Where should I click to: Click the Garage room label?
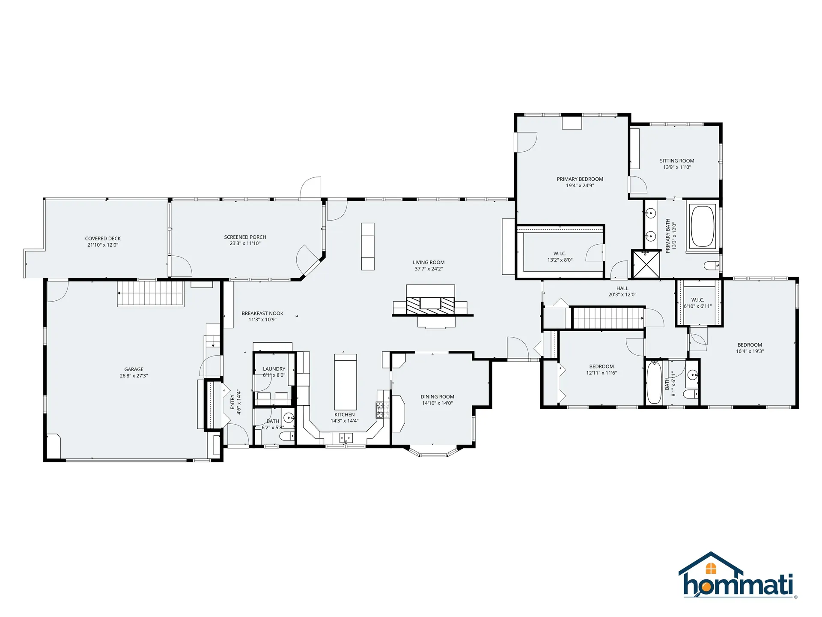click(x=134, y=369)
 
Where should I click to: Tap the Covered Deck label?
click(x=103, y=239)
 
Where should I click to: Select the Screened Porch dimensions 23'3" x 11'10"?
click(x=245, y=243)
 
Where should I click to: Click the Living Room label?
click(x=429, y=262)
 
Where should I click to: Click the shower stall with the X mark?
click(x=646, y=264)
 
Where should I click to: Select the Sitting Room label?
click(x=677, y=161)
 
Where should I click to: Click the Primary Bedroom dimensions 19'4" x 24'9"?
click(x=580, y=186)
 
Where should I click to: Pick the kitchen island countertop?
click(x=345, y=382)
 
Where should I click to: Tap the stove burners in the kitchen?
click(x=383, y=410)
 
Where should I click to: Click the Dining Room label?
click(x=437, y=397)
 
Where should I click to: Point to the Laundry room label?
click(x=274, y=369)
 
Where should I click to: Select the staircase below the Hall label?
click(x=608, y=317)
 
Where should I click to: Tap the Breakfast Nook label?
click(x=262, y=314)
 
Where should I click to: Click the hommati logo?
click(x=737, y=575)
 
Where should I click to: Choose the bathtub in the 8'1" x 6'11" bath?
click(x=654, y=383)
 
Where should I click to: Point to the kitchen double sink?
click(x=345, y=438)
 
